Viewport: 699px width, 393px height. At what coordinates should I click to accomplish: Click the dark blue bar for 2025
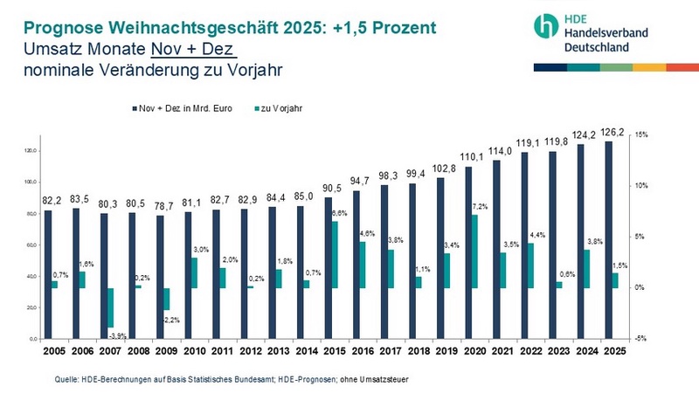click(608, 240)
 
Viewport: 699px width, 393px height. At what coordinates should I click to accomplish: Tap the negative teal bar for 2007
click(110, 307)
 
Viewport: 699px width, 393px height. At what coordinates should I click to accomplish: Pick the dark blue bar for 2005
click(48, 274)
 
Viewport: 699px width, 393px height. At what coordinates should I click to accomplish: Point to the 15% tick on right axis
click(640, 135)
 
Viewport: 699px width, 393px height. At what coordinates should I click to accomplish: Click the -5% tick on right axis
click(640, 339)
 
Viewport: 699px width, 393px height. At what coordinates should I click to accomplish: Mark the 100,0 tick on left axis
click(31, 183)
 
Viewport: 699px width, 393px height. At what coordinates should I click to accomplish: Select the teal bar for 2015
click(335, 255)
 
